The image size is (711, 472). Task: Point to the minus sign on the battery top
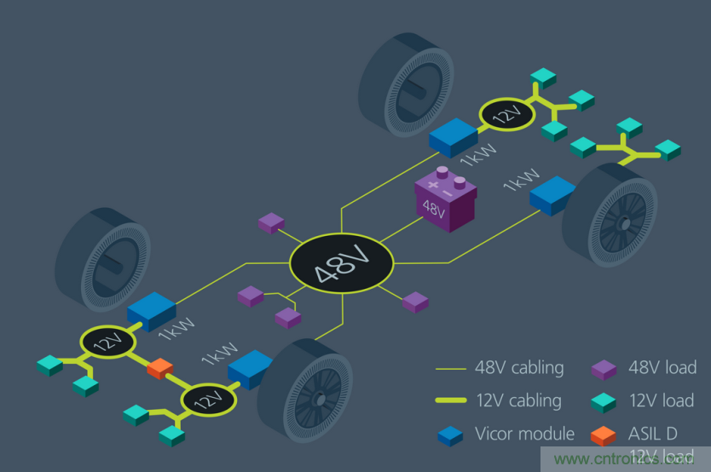click(x=459, y=181)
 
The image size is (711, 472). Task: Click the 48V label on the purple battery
click(x=434, y=209)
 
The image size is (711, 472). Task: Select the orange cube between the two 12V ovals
click(x=159, y=369)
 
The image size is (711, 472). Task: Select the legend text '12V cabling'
click(x=518, y=400)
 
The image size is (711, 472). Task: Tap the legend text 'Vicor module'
click(x=524, y=434)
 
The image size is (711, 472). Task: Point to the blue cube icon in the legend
click(x=450, y=434)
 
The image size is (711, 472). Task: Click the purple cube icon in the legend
click(x=604, y=368)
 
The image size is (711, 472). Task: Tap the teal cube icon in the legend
click(x=604, y=400)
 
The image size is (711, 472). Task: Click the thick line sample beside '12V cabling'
click(x=449, y=400)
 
